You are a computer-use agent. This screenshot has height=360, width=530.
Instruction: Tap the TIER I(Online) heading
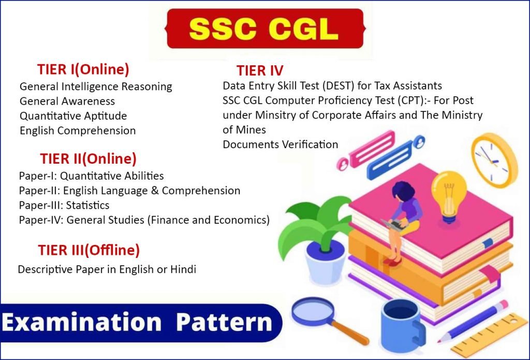83,69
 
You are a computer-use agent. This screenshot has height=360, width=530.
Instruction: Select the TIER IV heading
260,70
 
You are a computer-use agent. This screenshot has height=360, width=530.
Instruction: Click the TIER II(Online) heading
88,159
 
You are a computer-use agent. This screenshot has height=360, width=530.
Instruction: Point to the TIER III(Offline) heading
89,251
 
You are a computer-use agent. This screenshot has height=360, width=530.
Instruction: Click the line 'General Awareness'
67,101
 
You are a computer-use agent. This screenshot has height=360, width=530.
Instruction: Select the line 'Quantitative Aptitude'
73,116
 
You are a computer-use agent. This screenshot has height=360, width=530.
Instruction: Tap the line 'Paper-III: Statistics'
64,205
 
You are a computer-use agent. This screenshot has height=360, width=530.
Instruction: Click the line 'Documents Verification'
280,145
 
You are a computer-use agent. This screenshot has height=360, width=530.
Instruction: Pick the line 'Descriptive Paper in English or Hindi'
107,270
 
